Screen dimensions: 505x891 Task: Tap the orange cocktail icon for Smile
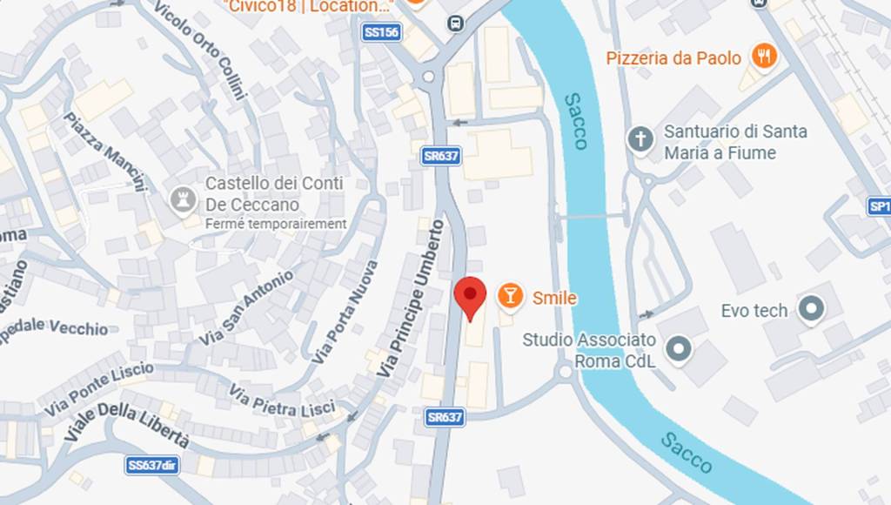(x=510, y=296)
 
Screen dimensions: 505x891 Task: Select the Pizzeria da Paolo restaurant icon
(x=764, y=57)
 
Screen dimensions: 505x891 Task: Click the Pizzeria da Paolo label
(x=673, y=58)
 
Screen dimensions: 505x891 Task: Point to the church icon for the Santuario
(x=640, y=140)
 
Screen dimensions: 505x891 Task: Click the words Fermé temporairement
(x=276, y=224)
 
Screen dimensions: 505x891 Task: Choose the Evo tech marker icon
(x=811, y=309)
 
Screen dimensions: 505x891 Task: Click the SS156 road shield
(x=381, y=32)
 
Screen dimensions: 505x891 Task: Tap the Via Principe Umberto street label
(x=412, y=298)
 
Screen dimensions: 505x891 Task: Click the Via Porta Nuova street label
(x=345, y=312)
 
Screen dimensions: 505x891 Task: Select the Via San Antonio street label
(x=246, y=306)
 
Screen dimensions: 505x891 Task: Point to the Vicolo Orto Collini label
(x=199, y=49)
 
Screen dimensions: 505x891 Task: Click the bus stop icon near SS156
(x=455, y=24)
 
